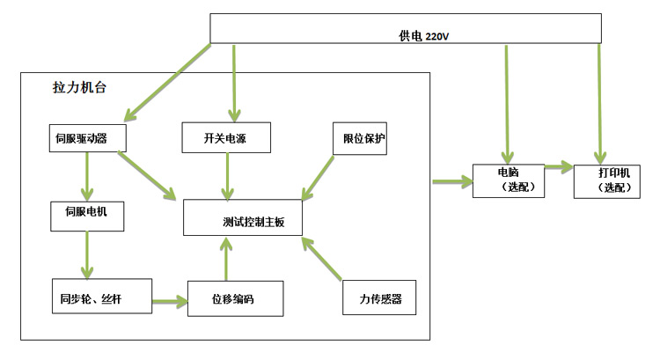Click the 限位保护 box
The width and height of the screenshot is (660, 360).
(x=359, y=138)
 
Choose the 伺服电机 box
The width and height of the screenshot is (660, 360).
(x=86, y=213)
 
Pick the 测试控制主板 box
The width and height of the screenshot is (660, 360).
(x=243, y=219)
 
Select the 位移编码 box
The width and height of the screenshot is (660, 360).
(x=235, y=298)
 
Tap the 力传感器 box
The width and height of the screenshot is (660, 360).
(x=378, y=299)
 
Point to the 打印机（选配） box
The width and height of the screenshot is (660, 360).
(x=606, y=180)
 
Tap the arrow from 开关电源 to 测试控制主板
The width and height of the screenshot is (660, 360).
(x=228, y=176)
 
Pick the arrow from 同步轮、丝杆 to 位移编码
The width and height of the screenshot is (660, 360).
(x=170, y=301)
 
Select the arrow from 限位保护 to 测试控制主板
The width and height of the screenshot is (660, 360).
(x=319, y=178)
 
